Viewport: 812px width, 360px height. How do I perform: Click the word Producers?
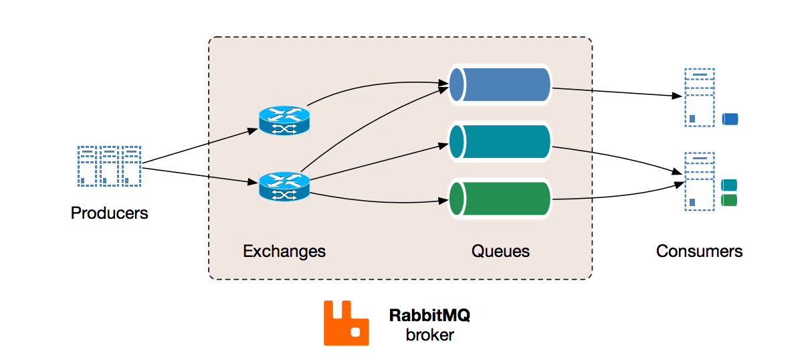(x=109, y=213)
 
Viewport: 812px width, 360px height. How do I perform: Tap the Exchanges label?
(x=284, y=252)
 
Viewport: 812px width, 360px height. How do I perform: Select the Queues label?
(x=500, y=252)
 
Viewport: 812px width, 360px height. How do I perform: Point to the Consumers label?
(x=699, y=252)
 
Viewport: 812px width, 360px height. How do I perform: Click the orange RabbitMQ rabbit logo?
(x=346, y=323)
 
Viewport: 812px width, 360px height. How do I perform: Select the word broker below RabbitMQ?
(x=429, y=335)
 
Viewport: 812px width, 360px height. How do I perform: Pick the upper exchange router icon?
(x=284, y=120)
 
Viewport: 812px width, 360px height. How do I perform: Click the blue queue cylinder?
(x=500, y=84)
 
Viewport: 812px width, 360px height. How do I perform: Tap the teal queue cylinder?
(x=500, y=141)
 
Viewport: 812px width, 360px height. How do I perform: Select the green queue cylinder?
(x=500, y=199)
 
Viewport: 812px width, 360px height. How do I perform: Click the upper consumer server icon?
(x=700, y=98)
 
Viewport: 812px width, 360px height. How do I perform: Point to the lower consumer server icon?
(x=700, y=182)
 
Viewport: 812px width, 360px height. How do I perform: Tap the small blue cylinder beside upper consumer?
(x=730, y=120)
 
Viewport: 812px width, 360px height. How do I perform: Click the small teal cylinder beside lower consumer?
(x=729, y=185)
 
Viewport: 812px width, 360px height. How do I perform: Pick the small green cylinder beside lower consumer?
(x=729, y=200)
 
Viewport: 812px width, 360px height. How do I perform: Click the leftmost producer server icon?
(x=87, y=166)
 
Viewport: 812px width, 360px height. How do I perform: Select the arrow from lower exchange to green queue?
(x=375, y=199)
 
